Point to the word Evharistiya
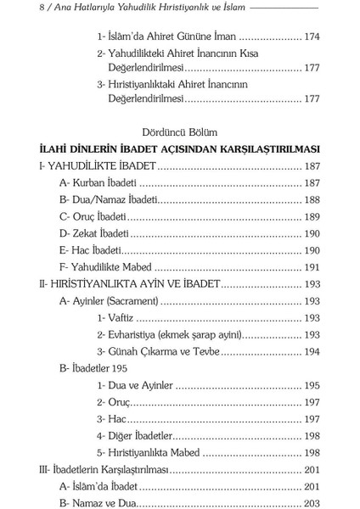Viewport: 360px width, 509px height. pyautogui.click(x=137, y=333)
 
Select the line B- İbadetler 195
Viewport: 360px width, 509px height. pyautogui.click(x=94, y=369)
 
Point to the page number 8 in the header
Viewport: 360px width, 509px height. pyautogui.click(x=7, y=7)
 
